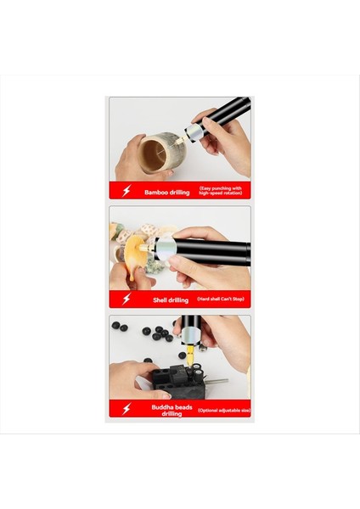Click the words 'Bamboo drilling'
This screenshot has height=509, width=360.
tap(166, 193)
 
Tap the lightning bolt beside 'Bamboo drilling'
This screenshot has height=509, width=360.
tap(127, 192)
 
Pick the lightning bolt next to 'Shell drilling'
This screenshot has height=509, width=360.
tap(127, 299)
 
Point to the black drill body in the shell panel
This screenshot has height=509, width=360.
tap(212, 251)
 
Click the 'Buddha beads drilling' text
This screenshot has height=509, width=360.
tap(166, 410)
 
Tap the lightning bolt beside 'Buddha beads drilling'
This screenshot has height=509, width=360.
tap(127, 410)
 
